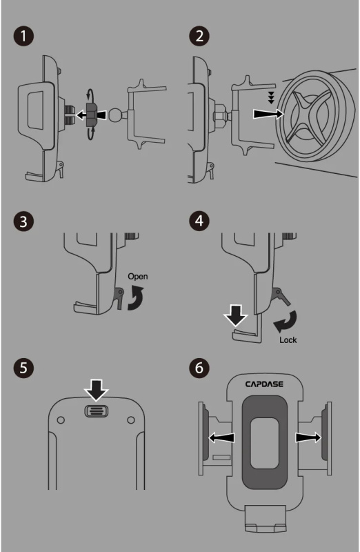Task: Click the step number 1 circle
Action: coord(23,37)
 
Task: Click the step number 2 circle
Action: coord(199,36)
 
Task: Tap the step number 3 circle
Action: coord(23,221)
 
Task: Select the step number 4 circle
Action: coord(199,221)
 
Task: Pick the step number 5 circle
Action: coord(23,368)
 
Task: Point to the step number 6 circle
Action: coord(199,368)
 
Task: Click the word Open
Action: coord(138,277)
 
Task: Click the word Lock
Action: coord(288,339)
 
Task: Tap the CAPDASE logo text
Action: coord(264,384)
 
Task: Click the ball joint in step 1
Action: coord(116,115)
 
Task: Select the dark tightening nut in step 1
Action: coord(92,115)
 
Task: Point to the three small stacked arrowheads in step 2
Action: coord(271,97)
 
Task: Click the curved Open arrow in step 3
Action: coord(136,298)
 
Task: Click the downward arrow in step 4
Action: coord(236,315)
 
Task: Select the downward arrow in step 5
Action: coord(97,390)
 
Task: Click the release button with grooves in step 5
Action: coord(97,411)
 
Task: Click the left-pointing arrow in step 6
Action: coord(221,437)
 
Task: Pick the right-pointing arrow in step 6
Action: coord(308,437)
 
